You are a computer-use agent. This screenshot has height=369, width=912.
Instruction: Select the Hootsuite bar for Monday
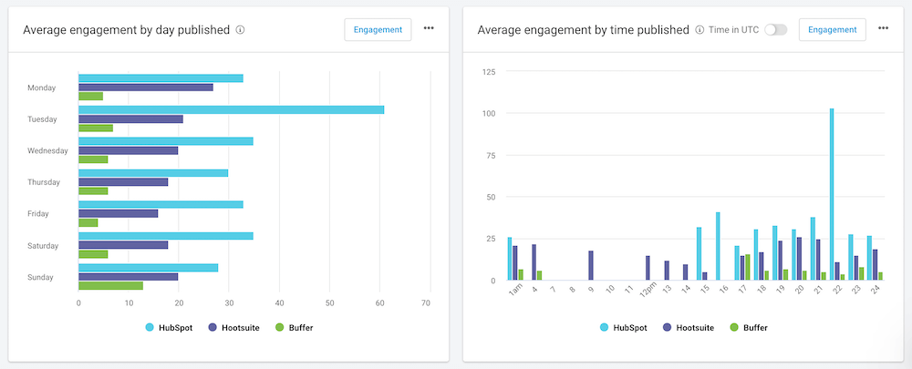click(x=146, y=87)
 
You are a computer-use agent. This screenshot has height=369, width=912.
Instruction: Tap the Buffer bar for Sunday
click(x=110, y=286)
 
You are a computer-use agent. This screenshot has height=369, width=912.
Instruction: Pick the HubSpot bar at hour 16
click(x=718, y=246)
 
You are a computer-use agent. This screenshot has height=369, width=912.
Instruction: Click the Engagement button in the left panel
click(x=378, y=29)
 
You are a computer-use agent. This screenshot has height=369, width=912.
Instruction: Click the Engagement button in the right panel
click(x=832, y=29)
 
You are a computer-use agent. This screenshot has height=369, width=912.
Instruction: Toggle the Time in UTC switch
click(x=775, y=29)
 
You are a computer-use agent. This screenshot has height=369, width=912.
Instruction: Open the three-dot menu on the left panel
click(x=429, y=28)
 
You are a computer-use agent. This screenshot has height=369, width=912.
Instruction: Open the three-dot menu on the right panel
click(x=883, y=28)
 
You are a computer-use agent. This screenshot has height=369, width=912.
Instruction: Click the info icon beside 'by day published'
click(x=240, y=30)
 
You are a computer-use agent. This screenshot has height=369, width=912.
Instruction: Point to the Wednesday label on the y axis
click(x=47, y=151)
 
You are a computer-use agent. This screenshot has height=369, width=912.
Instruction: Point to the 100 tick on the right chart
click(x=489, y=113)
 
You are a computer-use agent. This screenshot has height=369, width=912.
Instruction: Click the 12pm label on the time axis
click(x=647, y=291)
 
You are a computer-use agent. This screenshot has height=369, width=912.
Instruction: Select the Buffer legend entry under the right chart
click(x=752, y=326)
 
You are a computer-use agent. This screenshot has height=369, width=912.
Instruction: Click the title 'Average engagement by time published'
click(x=584, y=30)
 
